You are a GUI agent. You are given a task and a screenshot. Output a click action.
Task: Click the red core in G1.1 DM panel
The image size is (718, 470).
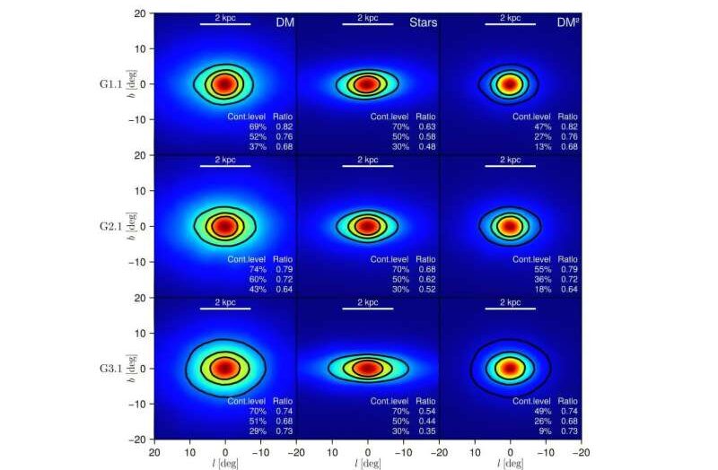(x=224, y=83)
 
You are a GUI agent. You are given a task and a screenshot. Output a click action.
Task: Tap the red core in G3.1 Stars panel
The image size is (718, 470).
(x=367, y=368)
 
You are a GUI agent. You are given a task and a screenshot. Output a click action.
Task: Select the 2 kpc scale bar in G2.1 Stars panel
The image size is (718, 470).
(x=367, y=165)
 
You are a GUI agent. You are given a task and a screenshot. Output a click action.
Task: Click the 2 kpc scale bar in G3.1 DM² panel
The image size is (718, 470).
(x=510, y=307)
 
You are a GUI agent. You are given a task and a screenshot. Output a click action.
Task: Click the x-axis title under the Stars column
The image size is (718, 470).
(x=367, y=464)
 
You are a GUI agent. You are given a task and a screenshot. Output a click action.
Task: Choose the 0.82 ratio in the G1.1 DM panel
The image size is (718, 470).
(x=284, y=127)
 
